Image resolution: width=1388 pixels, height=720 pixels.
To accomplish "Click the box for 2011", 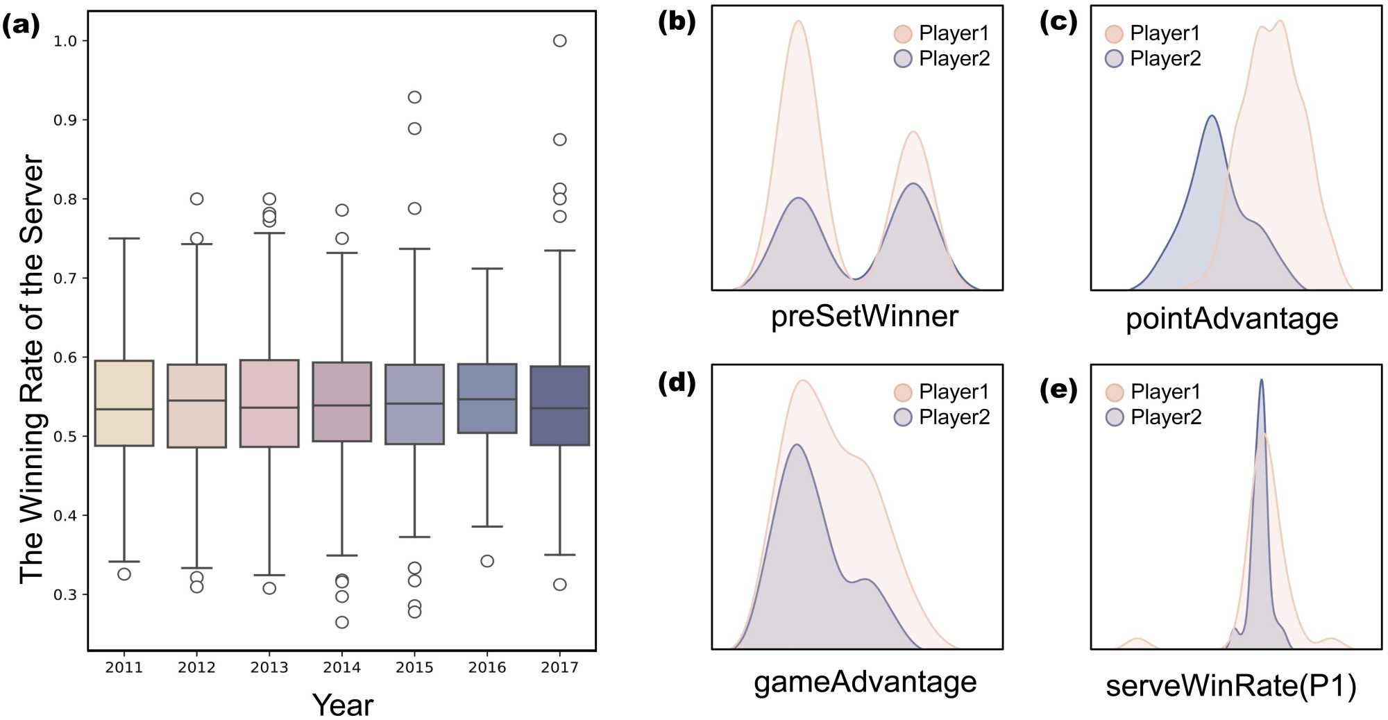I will pos(124,403).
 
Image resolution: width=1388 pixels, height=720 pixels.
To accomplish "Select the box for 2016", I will pos(487,399).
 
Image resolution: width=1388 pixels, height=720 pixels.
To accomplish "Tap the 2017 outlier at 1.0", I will pos(560,41).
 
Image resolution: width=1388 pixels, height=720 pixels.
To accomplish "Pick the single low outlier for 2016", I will pos(487,561).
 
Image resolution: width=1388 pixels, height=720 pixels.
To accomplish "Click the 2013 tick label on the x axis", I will pos(269,668).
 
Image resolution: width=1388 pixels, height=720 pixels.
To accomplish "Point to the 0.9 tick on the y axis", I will pos(65,120).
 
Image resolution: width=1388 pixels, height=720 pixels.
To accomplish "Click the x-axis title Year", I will pos(343,705).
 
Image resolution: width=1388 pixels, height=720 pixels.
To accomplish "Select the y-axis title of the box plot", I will pos(32,368).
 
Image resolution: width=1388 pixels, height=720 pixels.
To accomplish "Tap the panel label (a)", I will pos(21,26).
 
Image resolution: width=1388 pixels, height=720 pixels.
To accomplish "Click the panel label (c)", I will pos(1058,22).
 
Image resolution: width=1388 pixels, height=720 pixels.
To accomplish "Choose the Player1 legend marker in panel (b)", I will pos(903,33).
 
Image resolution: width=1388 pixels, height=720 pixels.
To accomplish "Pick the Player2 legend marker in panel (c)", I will pos(1114,59).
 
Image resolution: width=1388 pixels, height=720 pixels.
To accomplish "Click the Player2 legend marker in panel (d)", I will pos(903,417).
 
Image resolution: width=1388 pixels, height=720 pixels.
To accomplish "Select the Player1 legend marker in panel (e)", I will pos(1115,392).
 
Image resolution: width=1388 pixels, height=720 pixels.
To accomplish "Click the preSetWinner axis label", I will pos(864,317).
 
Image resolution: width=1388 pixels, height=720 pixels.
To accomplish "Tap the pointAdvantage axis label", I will pos(1232,319).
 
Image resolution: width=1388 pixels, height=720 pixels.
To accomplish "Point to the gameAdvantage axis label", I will pos(865,682).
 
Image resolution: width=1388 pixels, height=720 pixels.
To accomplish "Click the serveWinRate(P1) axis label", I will pos(1230,686).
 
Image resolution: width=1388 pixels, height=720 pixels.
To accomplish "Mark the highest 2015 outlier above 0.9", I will pos(414,97).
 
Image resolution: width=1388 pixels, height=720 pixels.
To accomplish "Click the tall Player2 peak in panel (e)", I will pos(1261,382).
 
